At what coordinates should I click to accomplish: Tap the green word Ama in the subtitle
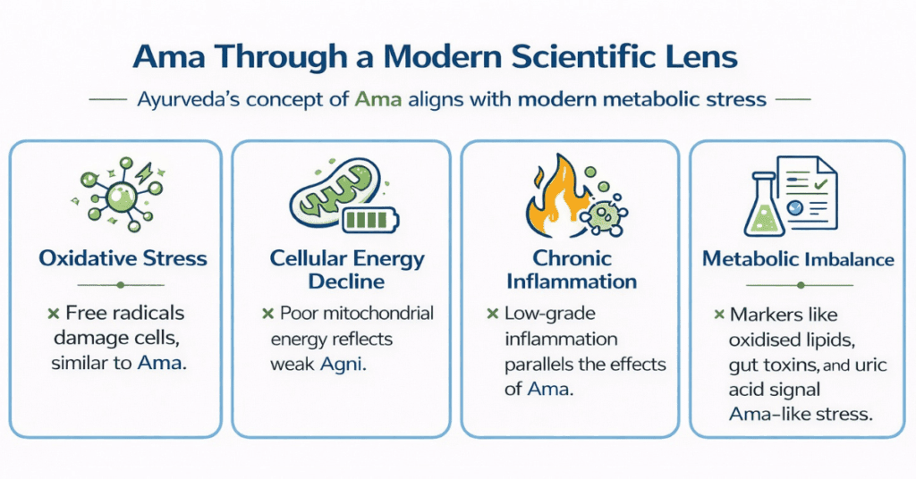[x=378, y=99]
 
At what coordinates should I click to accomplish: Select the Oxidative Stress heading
[x=123, y=258]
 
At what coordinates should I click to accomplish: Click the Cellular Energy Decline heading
[x=347, y=270]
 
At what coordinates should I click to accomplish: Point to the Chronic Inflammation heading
[x=572, y=270]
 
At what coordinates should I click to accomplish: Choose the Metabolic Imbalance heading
[x=798, y=259]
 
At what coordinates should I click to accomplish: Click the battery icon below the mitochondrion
[x=370, y=220]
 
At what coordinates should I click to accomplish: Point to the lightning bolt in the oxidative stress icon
[x=143, y=172]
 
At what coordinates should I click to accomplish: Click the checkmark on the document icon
[x=821, y=184]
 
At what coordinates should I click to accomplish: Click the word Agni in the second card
[x=343, y=364]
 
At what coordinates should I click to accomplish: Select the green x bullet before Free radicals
[x=53, y=314]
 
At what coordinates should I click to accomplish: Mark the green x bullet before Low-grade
[x=493, y=314]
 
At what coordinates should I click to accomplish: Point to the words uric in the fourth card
[x=871, y=366]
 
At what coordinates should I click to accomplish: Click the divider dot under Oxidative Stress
[x=121, y=285]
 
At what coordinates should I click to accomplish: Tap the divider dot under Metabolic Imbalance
[x=801, y=285]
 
